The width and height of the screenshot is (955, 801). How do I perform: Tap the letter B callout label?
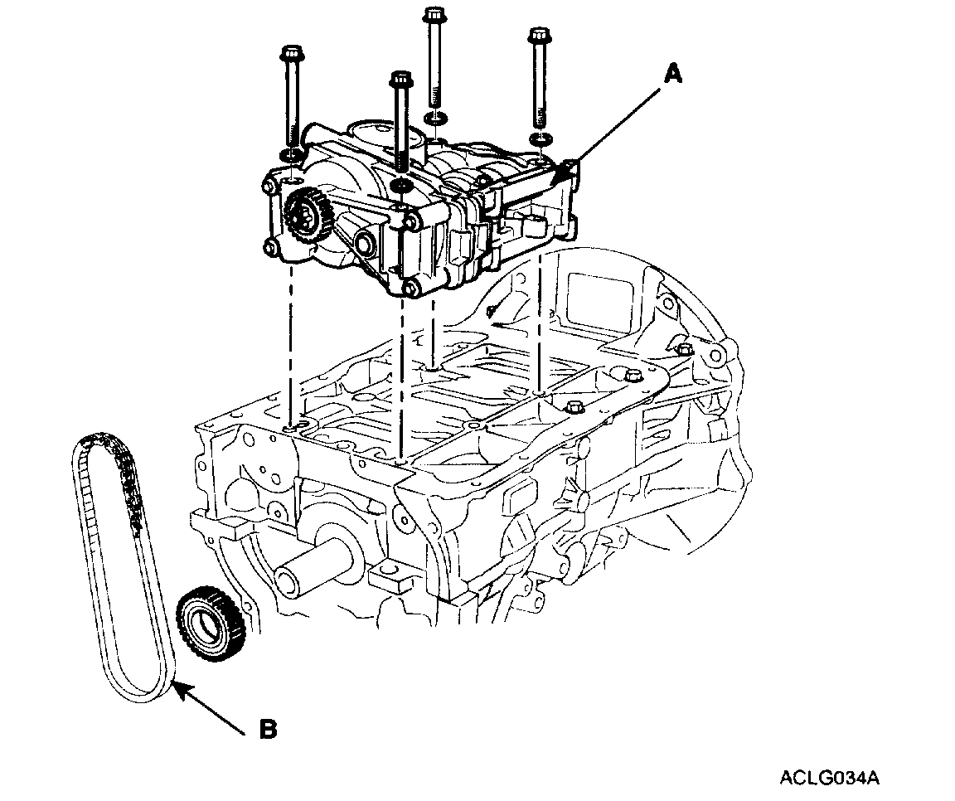267,729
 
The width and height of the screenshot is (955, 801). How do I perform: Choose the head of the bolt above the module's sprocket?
292,56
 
